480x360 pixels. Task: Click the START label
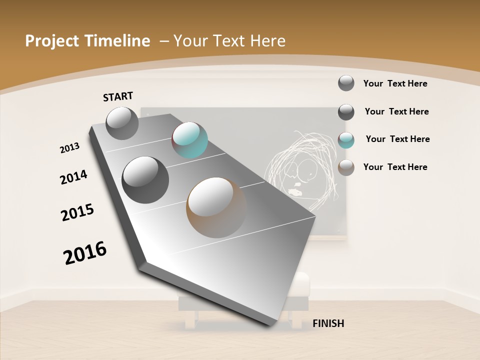pos(118,96)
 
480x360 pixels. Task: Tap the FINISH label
pos(328,323)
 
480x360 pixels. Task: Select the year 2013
pos(69,148)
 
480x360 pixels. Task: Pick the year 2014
pos(73,177)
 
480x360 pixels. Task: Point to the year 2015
pos(77,212)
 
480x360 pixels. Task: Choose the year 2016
pos(85,253)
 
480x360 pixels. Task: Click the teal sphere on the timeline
pos(189,140)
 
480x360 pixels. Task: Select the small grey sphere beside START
pos(122,123)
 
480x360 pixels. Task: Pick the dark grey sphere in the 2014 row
pos(145,179)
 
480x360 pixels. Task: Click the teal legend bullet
pos(346,140)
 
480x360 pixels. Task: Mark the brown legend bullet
pos(346,167)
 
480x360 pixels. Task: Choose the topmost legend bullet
pos(346,83)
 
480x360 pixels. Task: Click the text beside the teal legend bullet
pos(397,139)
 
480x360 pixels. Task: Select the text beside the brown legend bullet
pos(395,167)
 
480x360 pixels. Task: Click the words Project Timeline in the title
pos(87,41)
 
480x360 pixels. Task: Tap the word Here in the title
pos(267,41)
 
